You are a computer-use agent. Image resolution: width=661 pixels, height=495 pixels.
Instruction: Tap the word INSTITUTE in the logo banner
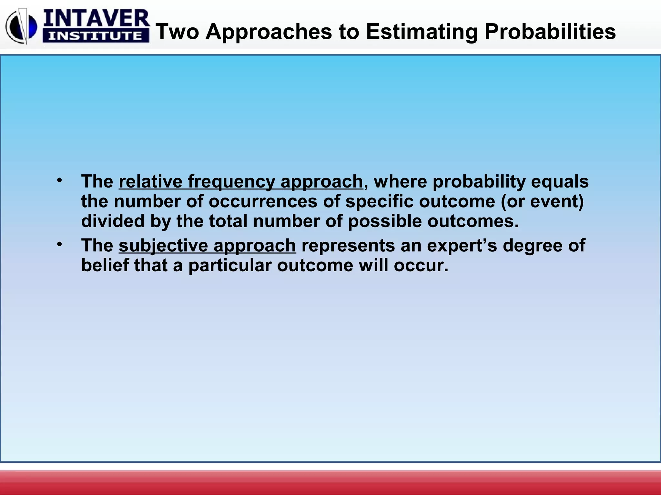pyautogui.click(x=96, y=36)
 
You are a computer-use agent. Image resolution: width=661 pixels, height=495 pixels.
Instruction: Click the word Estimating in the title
pyautogui.click(x=422, y=32)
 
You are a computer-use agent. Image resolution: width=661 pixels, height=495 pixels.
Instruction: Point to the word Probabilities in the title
pyautogui.click(x=550, y=32)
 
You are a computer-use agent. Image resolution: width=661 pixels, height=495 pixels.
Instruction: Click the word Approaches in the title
pyautogui.click(x=269, y=32)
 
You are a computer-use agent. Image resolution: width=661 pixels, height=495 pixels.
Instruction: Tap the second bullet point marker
pyautogui.click(x=59, y=244)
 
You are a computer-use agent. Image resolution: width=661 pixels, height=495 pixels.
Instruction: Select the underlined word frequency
pyautogui.click(x=231, y=181)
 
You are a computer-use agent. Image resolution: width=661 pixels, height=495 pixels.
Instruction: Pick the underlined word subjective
pyautogui.click(x=163, y=246)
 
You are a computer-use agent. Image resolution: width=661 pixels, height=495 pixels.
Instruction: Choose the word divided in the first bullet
pyautogui.click(x=113, y=221)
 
